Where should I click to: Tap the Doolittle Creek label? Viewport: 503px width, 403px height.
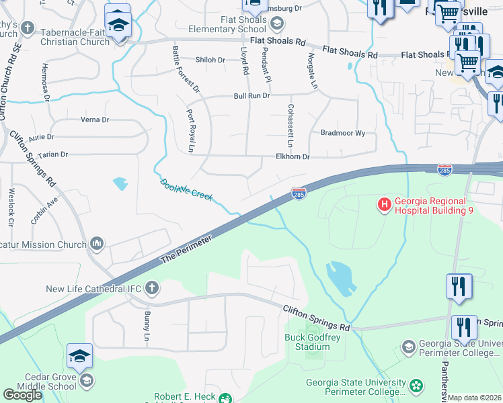coord(186,189)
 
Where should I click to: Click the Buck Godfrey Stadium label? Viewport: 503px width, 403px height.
coord(307,342)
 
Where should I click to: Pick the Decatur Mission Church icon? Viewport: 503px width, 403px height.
coord(97,242)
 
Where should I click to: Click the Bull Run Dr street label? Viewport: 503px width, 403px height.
coord(251,96)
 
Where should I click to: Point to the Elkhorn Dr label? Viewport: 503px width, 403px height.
coord(292,156)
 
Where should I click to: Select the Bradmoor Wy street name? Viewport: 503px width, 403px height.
coord(342,133)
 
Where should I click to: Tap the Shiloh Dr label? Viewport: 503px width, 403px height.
coord(210,60)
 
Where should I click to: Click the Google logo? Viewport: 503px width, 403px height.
coord(22,394)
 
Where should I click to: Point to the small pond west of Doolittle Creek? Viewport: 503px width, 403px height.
coord(120,183)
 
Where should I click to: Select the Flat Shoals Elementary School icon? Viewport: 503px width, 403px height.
coord(276,24)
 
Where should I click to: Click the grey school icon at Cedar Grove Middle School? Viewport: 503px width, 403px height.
coord(85,382)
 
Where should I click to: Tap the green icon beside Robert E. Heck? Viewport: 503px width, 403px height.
coord(227,398)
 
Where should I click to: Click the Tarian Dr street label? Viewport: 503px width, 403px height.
coord(54,154)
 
